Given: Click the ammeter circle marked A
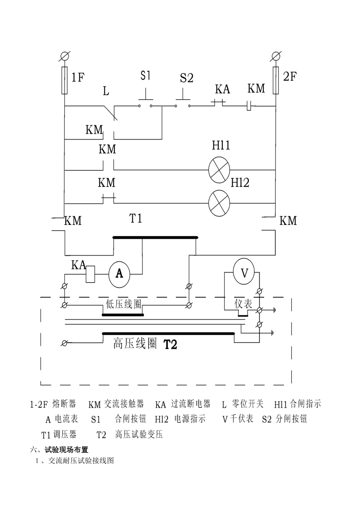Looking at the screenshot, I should point(119,273).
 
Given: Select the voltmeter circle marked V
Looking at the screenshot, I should point(244,273).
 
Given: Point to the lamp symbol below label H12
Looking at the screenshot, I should point(219,201).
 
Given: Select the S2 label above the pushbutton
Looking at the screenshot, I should point(186,78).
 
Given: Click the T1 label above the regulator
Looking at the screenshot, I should point(136,218).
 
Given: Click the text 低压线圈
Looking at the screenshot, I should point(124,304).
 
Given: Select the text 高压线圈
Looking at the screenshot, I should point(135,344).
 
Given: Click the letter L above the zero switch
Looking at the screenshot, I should point(106,91).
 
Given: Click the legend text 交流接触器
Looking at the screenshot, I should point(124,404).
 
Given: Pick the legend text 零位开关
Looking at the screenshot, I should point(248,404).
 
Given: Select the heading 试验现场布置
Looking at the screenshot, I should point(66,450).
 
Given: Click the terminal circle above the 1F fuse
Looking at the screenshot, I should point(64,57).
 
